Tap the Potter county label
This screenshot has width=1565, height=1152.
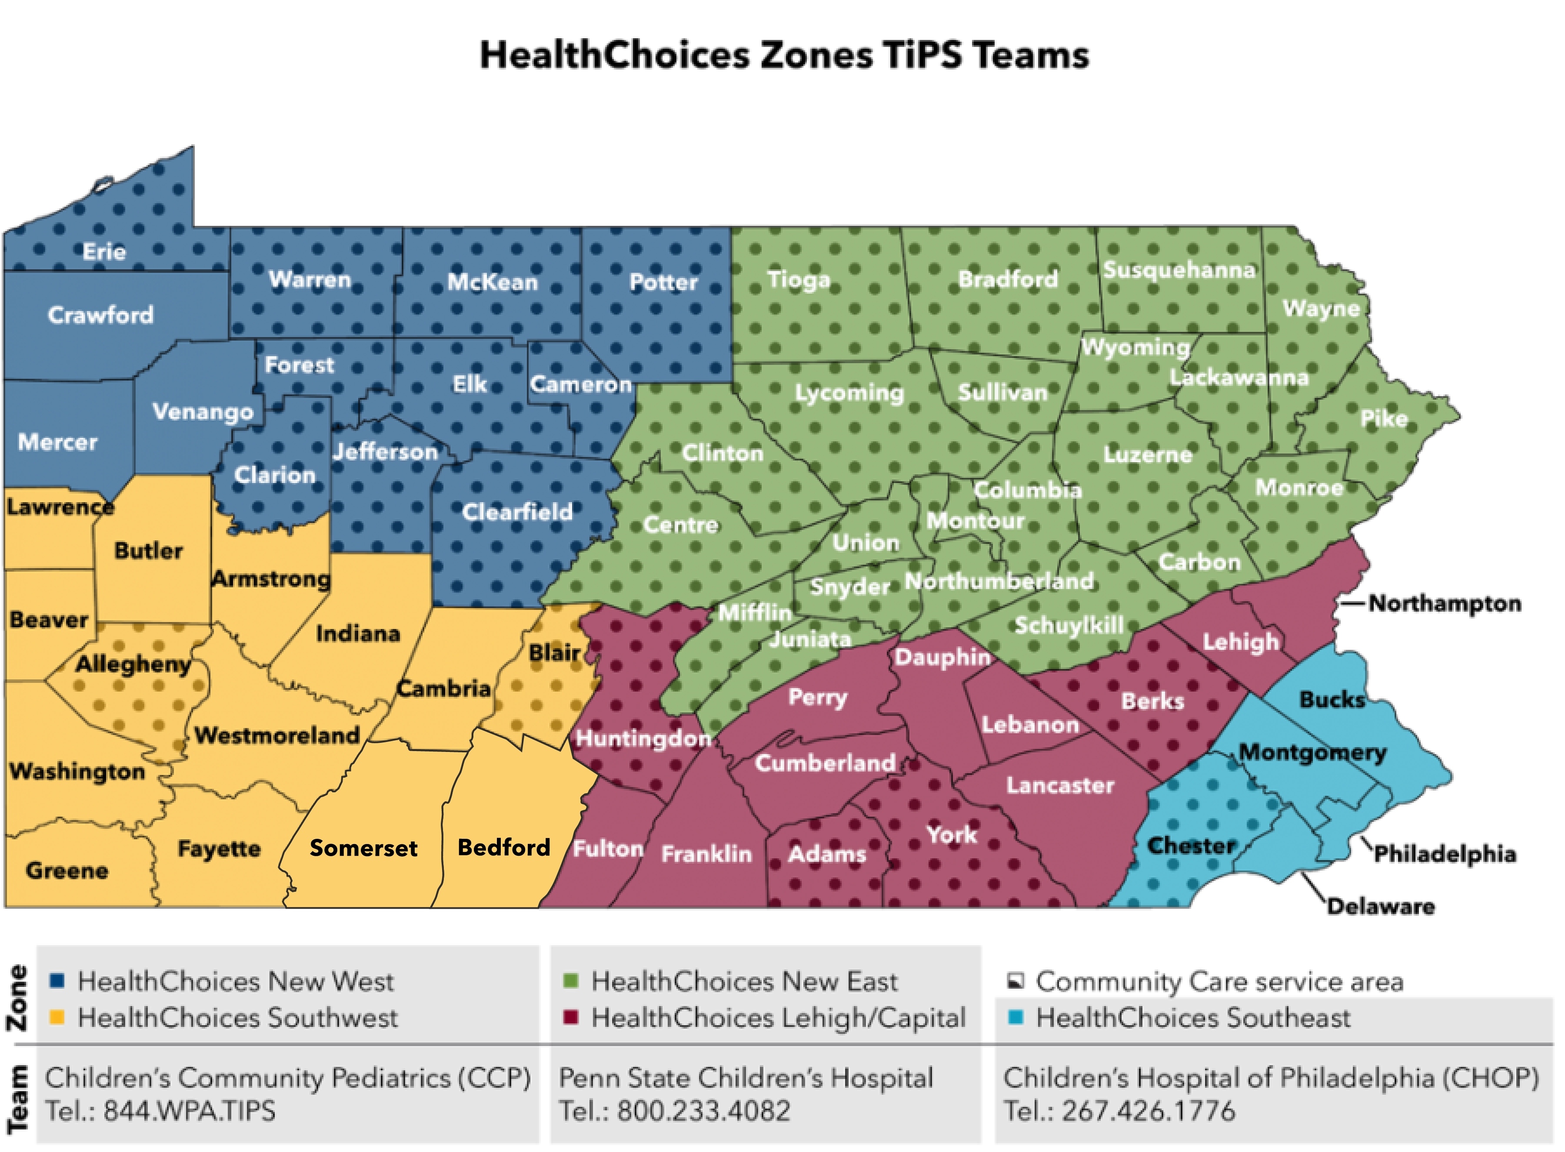click(663, 282)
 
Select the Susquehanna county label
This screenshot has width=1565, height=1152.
click(1179, 270)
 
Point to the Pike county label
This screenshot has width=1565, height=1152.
click(1384, 418)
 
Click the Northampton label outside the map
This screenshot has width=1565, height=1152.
click(1444, 603)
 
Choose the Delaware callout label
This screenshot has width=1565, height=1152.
click(1380, 907)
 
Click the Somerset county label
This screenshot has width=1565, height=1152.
click(363, 848)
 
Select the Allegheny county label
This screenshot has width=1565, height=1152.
click(133, 664)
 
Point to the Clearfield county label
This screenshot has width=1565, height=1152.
click(517, 512)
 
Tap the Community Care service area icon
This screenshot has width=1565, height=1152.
click(1015, 981)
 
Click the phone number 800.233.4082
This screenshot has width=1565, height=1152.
click(703, 1111)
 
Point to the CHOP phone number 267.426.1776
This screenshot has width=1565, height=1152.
click(1148, 1111)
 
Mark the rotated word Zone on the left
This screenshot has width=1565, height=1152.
click(17, 998)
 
